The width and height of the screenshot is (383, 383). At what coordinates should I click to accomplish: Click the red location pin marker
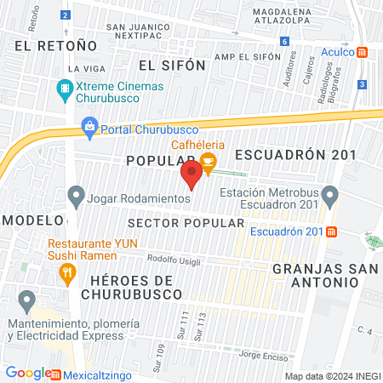[x=191, y=176]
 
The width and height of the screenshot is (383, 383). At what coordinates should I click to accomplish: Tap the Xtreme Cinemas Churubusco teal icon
[x=65, y=88]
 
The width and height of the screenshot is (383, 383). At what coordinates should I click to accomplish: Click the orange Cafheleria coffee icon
[x=209, y=159]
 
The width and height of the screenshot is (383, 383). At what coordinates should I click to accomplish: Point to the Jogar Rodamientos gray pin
[x=77, y=197]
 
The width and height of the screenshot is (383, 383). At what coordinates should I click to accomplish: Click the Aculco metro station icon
[x=363, y=52]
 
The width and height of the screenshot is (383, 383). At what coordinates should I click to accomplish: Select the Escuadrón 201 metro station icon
[x=332, y=231]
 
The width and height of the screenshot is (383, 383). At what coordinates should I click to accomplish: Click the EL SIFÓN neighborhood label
[x=172, y=65]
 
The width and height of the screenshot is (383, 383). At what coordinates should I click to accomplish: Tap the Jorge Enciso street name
[x=260, y=354]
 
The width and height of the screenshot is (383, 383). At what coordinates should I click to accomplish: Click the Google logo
[x=27, y=373]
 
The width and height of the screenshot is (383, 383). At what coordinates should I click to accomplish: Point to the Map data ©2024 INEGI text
[x=331, y=375]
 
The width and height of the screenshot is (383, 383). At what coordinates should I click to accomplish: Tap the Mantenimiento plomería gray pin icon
[x=27, y=300]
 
